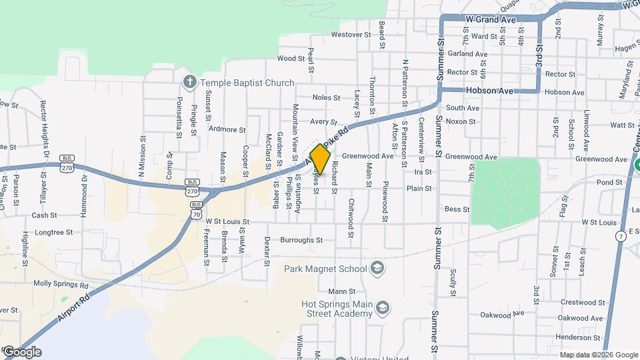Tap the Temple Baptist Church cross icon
[189, 83]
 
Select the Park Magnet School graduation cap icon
[378, 268]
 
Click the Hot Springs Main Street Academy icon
[383, 307]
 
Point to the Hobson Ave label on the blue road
[490, 91]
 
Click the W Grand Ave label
[491, 20]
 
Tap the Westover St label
[351, 34]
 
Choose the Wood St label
[291, 59]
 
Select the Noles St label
[327, 97]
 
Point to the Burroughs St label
[301, 240]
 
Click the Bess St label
[457, 209]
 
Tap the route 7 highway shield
[621, 236]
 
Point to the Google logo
[21, 352]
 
